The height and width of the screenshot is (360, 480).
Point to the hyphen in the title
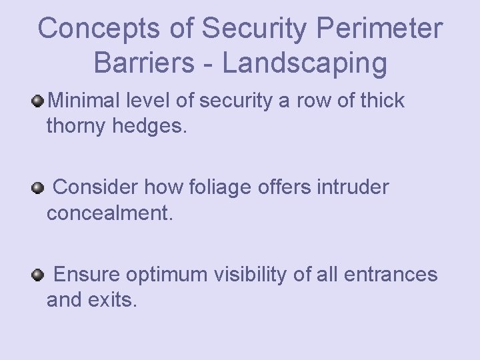(x=211, y=63)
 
